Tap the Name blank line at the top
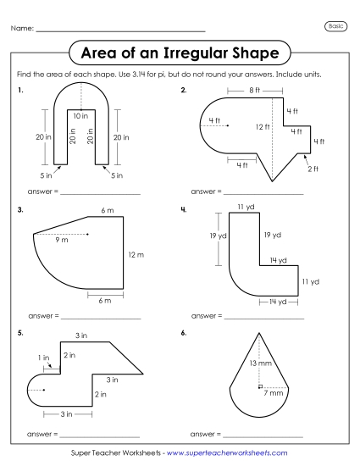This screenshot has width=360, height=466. (x=120, y=31)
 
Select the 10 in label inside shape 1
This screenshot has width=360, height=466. (x=79, y=114)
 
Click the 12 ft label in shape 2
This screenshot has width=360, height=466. (x=262, y=126)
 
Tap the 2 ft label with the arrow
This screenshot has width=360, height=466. (x=313, y=169)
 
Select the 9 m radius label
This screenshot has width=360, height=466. (x=62, y=241)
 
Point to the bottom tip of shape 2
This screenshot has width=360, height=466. (x=273, y=180)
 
